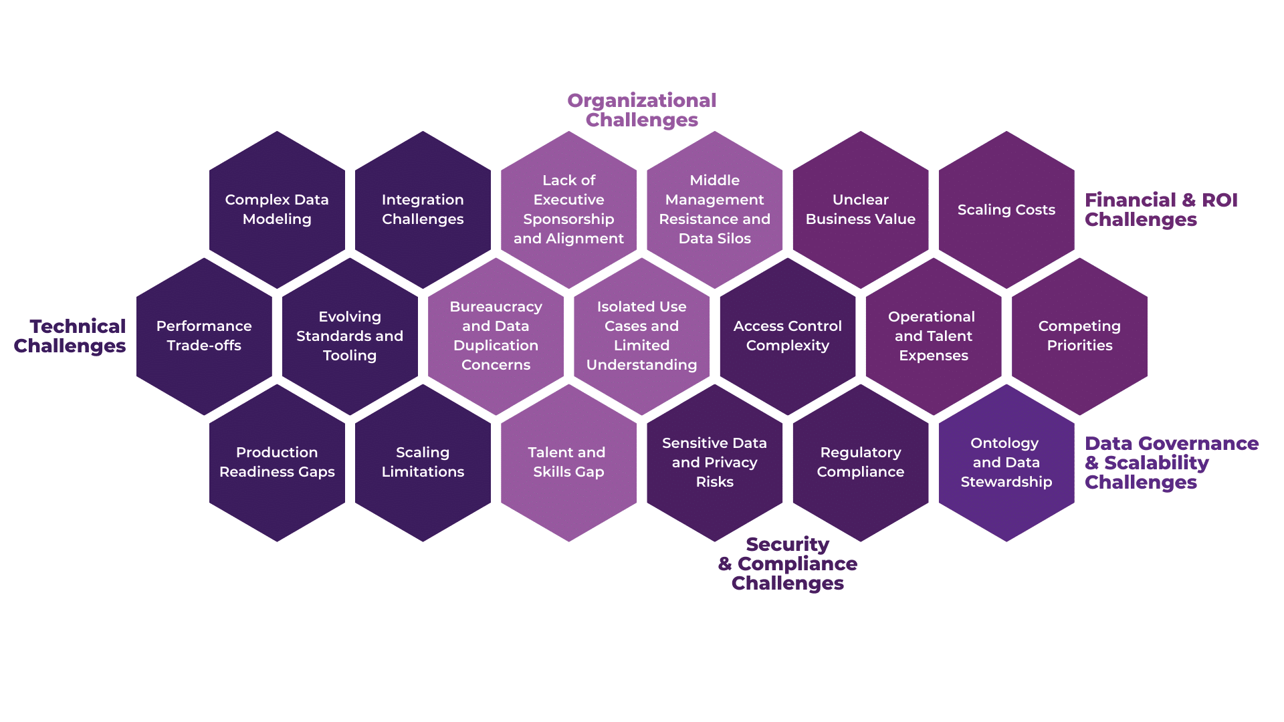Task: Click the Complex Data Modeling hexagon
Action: (277, 209)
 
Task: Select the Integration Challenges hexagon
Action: (423, 209)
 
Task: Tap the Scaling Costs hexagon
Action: (1006, 209)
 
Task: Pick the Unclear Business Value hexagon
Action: (861, 209)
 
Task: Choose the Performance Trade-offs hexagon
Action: (204, 336)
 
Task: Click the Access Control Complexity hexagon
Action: (788, 336)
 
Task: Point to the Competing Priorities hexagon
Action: (1079, 336)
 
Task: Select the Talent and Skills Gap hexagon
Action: (568, 462)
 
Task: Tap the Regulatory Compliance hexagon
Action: (861, 462)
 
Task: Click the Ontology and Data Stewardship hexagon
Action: (1006, 462)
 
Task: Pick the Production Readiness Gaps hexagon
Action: (277, 462)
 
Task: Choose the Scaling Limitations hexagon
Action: (423, 462)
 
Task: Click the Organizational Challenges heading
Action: (642, 110)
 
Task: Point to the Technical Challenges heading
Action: (70, 336)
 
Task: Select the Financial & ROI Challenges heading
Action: (1160, 209)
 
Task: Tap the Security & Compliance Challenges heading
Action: (788, 564)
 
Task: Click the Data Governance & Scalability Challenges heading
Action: (1171, 463)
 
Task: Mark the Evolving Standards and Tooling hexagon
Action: (350, 336)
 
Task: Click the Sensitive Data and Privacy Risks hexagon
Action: (715, 462)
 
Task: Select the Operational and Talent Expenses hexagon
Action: (934, 336)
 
